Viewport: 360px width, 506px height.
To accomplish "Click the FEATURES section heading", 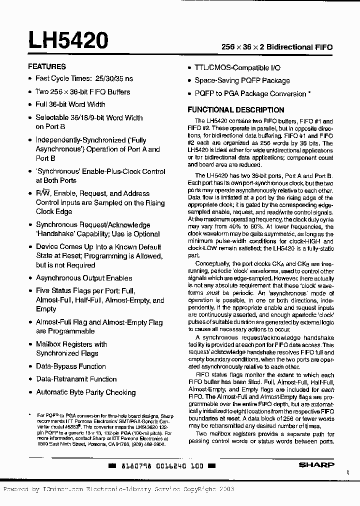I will (46, 66).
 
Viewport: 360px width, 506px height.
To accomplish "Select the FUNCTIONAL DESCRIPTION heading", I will (235, 110).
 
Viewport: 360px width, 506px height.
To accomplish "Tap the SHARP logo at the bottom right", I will (316, 465).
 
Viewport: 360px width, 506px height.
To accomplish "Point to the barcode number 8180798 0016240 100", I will (162, 465).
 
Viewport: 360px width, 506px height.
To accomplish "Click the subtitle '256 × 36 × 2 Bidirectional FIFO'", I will (277, 46).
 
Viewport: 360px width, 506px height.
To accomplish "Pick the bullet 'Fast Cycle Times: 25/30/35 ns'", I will (84, 79).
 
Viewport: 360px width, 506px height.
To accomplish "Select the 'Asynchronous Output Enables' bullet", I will (84, 278).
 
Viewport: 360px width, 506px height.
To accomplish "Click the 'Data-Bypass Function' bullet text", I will (71, 366).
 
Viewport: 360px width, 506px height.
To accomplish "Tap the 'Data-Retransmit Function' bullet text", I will (76, 379).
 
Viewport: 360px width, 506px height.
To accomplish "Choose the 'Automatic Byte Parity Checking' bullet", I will (85, 392).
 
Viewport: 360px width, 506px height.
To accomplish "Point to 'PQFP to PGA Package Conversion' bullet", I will (250, 93).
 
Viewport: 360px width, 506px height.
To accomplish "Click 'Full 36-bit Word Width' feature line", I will (70, 104).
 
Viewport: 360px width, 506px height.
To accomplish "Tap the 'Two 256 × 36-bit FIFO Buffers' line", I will (82, 92).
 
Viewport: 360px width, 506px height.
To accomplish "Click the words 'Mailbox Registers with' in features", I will (71, 344).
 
